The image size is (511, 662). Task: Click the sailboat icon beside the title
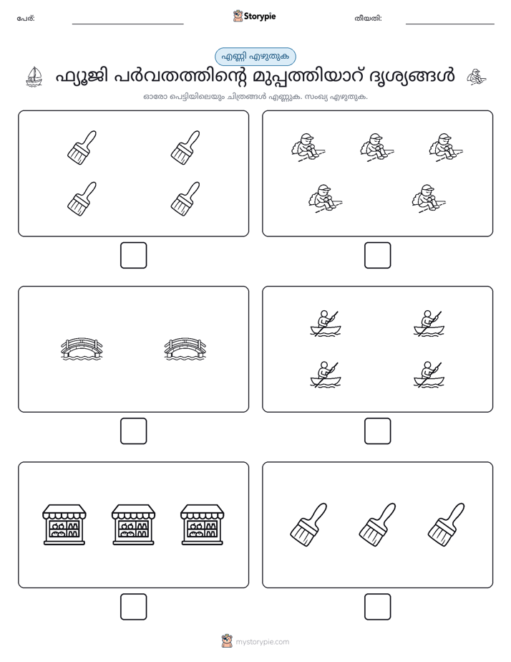tap(34, 77)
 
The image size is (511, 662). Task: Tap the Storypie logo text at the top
tap(260, 16)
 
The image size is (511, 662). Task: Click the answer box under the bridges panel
tap(134, 431)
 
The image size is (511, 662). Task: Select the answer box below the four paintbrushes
tap(134, 256)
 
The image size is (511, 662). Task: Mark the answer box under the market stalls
tap(134, 607)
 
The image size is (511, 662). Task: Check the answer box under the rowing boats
tap(378, 431)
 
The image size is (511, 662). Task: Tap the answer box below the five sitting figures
tap(378, 256)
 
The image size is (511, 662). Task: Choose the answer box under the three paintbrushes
tap(378, 607)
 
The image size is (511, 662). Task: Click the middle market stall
tap(133, 524)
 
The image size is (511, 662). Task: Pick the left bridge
tap(82, 349)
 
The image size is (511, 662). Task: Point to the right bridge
tap(185, 349)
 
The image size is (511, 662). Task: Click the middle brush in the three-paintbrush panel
tap(378, 524)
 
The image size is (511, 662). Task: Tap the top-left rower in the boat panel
tap(326, 324)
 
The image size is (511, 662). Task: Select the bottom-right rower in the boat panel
tap(429, 375)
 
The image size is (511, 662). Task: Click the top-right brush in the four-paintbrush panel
tap(185, 148)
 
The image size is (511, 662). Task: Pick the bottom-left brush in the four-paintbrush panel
tap(82, 199)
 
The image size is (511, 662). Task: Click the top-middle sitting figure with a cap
tap(377, 148)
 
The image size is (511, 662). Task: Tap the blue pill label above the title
tap(255, 57)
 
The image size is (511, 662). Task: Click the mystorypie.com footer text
tap(262, 642)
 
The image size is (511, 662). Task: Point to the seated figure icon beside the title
tap(477, 77)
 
